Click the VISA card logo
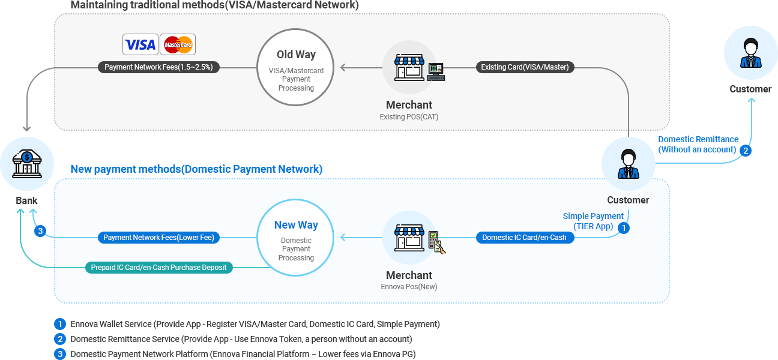click(140, 44)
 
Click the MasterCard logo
click(178, 44)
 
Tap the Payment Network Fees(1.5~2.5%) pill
click(158, 67)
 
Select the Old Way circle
click(296, 68)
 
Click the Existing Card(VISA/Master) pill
click(525, 67)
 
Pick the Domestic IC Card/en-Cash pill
click(525, 238)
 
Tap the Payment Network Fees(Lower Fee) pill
click(158, 238)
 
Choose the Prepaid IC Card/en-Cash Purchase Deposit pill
click(158, 267)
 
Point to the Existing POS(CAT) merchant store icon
click(409, 68)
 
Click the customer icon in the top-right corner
click(750, 53)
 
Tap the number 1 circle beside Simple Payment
click(624, 228)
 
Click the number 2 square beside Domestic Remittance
click(745, 151)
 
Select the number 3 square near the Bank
click(40, 231)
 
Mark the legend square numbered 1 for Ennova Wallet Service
click(59, 324)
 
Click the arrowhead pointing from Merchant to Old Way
click(343, 68)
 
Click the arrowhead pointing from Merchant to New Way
click(343, 238)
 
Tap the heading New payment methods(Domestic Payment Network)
click(196, 169)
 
